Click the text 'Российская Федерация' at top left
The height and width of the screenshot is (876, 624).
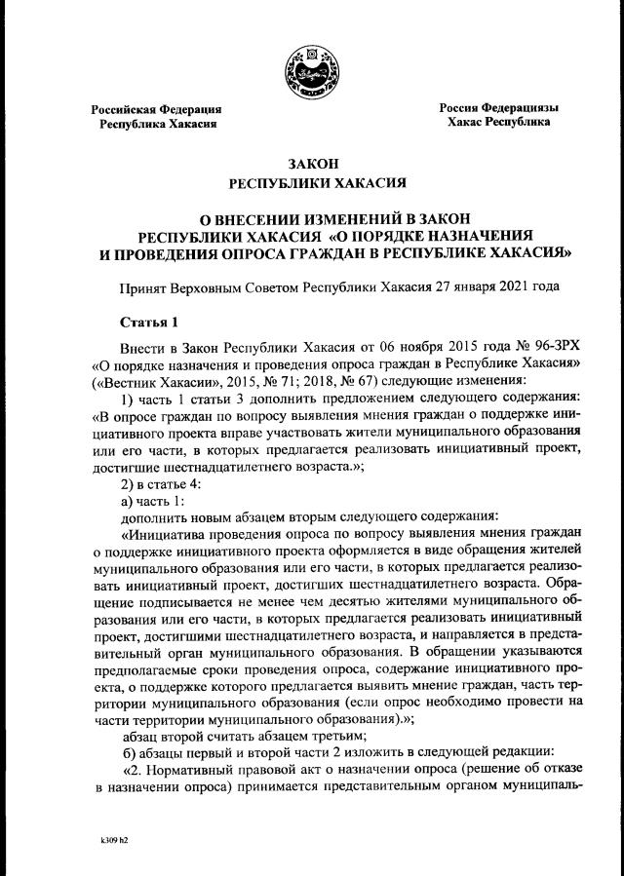click(x=156, y=109)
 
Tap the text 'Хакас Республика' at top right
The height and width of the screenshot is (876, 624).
click(x=498, y=123)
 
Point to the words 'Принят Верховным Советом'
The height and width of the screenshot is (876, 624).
click(x=209, y=287)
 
